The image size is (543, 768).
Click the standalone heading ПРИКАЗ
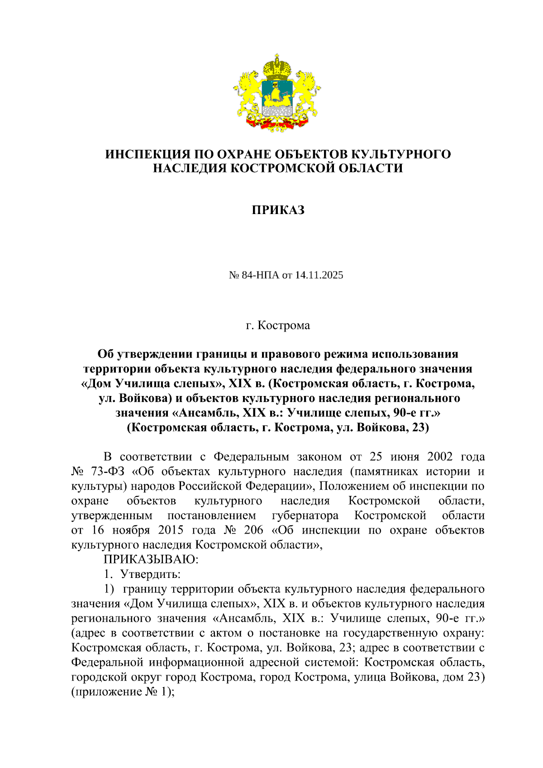(278, 210)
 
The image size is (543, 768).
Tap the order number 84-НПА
(261, 275)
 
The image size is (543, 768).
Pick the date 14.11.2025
(319, 275)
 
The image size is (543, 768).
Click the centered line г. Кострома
(278, 325)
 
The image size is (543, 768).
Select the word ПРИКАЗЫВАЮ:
(151, 559)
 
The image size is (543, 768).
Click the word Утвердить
(150, 574)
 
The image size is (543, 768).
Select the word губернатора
(305, 515)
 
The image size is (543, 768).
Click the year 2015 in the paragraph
(171, 530)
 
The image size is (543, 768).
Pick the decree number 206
(253, 530)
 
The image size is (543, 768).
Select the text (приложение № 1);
(123, 692)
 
